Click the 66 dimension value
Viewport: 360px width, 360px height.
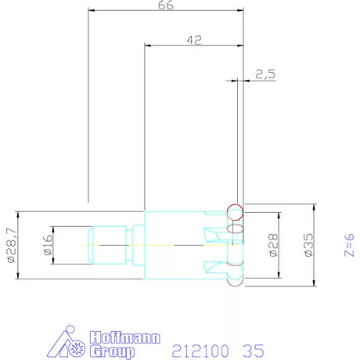coord(166,5)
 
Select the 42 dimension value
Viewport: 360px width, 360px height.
coord(194,40)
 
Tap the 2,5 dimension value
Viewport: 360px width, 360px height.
coord(265,74)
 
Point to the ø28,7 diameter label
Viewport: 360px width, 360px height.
coord(12,245)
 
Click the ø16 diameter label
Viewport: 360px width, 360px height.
coord(48,245)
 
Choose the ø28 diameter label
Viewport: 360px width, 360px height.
coord(273,245)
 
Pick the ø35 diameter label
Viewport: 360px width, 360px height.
coord(308,245)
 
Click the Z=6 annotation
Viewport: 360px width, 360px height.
coord(349,245)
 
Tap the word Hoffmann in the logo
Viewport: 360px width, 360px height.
coord(124,337)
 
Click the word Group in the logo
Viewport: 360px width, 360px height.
coord(112,351)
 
